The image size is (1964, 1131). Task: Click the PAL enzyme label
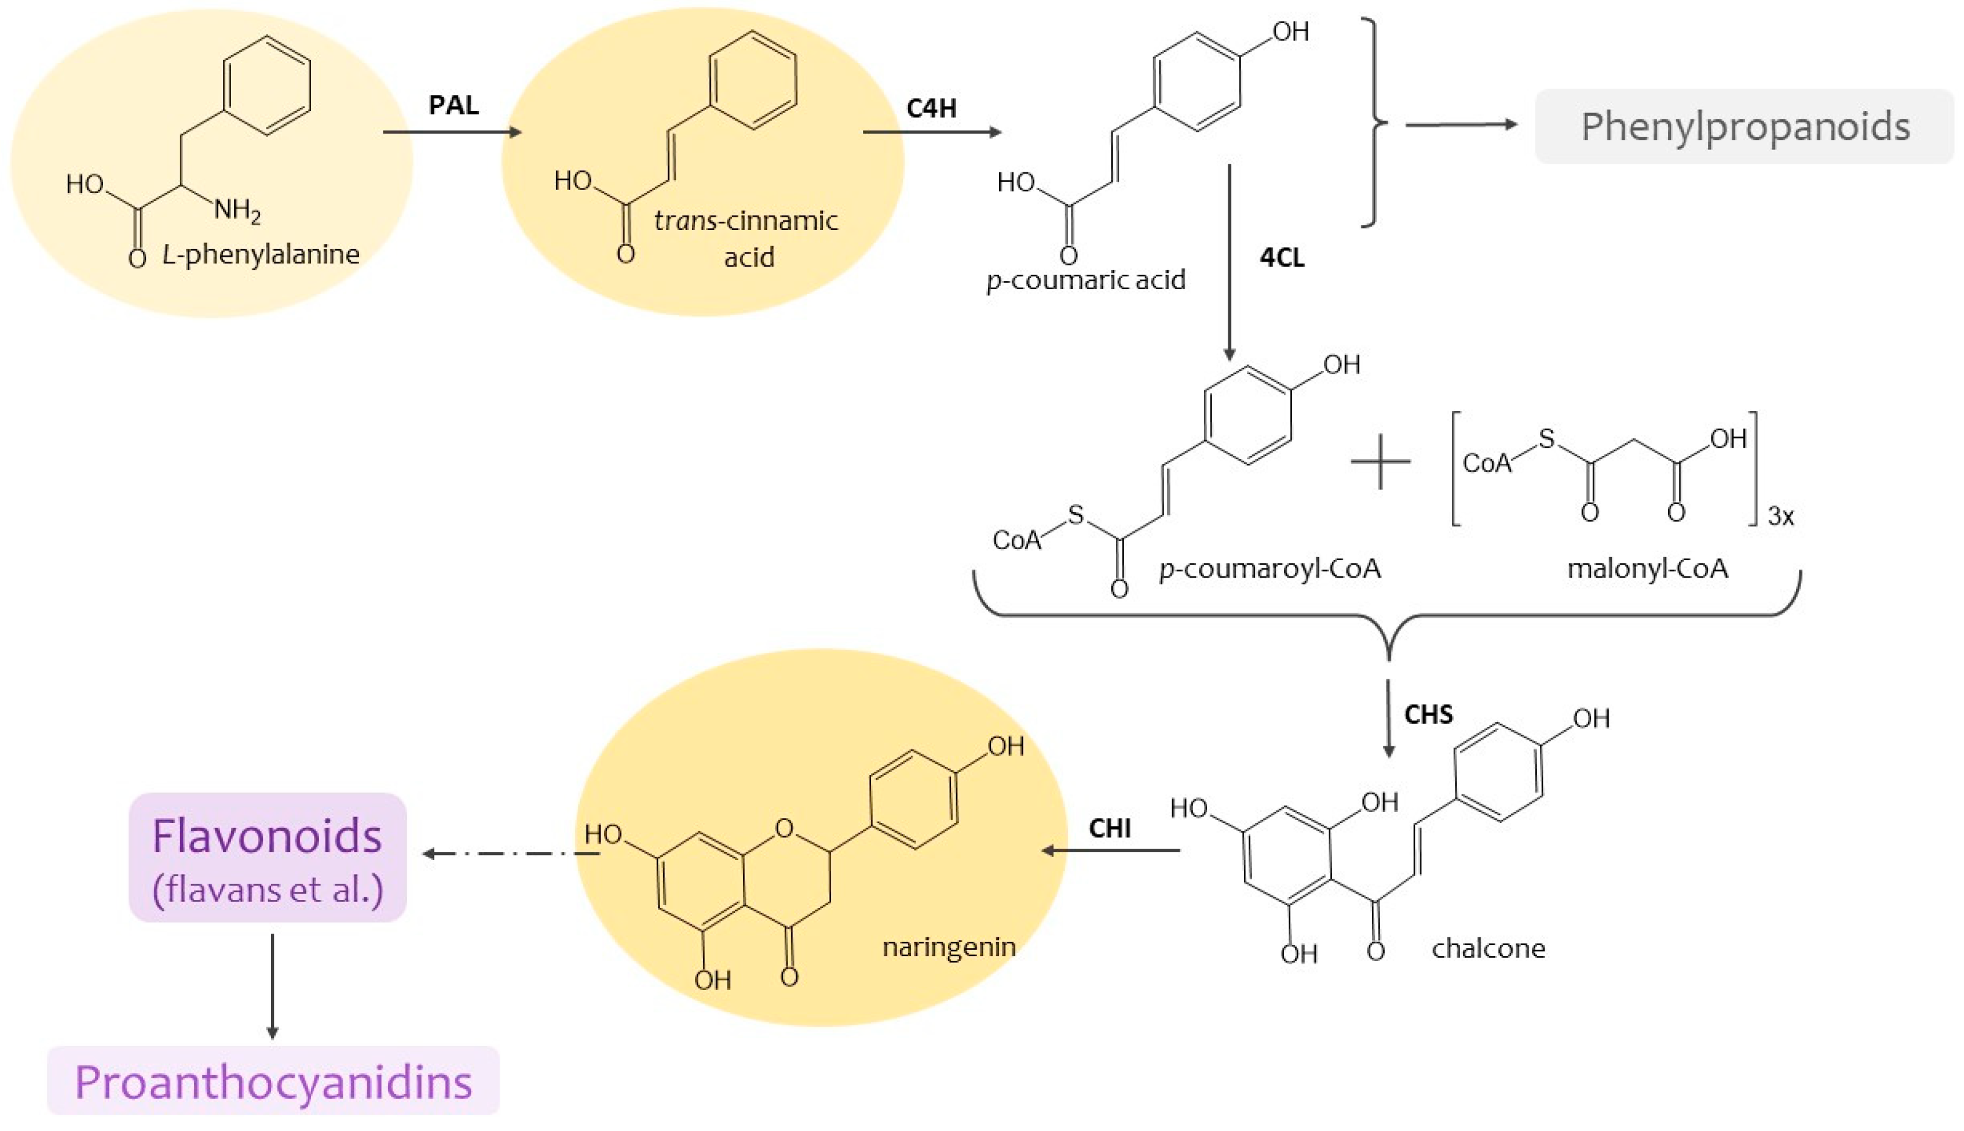453,105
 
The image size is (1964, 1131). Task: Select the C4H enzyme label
931,108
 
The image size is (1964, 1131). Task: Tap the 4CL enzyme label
1282,257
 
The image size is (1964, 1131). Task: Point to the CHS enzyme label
1428,714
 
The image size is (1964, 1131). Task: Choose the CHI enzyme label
1110,828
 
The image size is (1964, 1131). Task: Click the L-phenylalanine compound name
261,254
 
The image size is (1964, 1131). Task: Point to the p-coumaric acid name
1086,280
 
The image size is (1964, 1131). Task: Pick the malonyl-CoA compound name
1647,568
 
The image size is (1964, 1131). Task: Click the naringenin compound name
949,946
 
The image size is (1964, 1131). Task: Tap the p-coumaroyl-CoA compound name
1270,568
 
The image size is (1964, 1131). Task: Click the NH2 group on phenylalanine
237,210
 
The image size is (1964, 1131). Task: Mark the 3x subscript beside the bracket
1781,516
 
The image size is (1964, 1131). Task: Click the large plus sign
1380,462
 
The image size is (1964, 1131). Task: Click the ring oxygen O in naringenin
784,828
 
